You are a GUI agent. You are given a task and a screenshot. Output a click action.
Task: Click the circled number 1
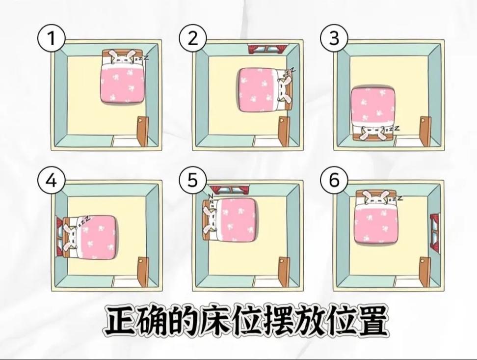click(51, 39)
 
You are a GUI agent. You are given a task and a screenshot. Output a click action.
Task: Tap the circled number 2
click(192, 39)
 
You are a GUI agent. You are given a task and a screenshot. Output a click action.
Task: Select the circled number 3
click(334, 39)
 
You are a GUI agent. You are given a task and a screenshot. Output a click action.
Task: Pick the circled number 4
click(51, 180)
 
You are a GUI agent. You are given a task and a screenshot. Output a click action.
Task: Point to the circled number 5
click(192, 180)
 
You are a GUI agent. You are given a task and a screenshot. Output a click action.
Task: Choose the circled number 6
click(334, 180)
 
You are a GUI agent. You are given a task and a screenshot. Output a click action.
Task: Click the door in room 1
click(143, 131)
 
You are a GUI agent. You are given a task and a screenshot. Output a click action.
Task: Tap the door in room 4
click(143, 272)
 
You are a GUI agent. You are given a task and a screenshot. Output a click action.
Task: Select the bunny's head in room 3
click(372, 133)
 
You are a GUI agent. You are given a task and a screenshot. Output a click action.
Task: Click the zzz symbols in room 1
click(142, 57)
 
